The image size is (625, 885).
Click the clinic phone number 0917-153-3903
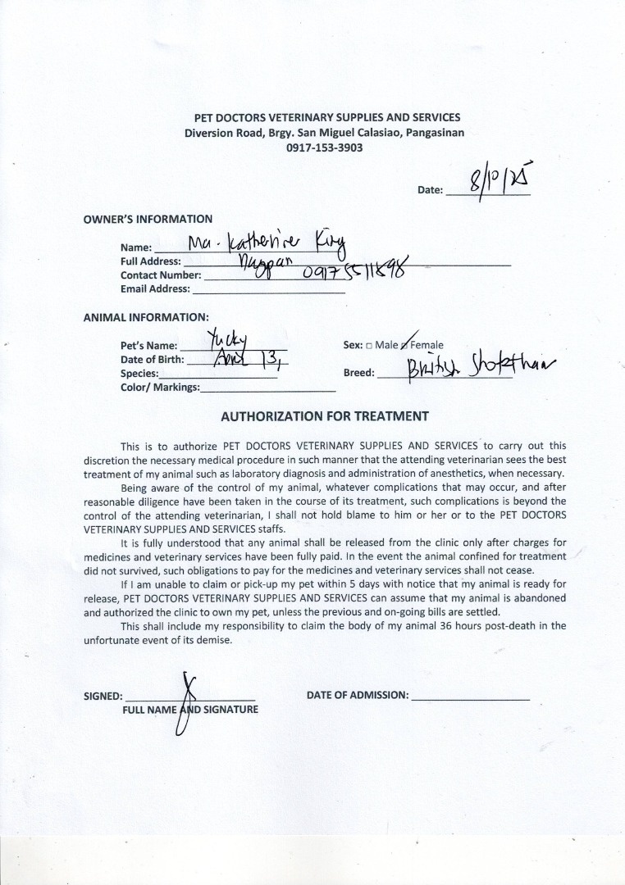[x=324, y=148]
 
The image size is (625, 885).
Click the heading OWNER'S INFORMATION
[x=148, y=220]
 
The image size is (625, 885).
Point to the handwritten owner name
[x=267, y=242]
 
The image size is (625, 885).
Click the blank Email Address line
[x=268, y=289]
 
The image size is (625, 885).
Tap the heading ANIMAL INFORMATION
[x=146, y=317]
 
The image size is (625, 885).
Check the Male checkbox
[x=369, y=346]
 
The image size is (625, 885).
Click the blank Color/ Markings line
[x=268, y=388]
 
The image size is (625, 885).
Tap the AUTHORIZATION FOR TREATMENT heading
[x=325, y=416]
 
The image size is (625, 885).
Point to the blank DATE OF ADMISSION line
[x=470, y=697]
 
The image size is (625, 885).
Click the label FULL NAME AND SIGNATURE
[x=190, y=710]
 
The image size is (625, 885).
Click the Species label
[x=139, y=374]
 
